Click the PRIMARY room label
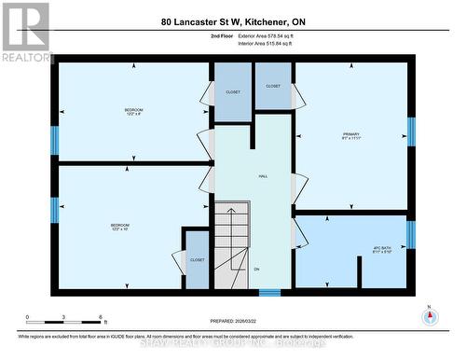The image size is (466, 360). pyautogui.click(x=350, y=136)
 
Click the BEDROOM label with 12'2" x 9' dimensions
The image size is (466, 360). pyautogui.click(x=133, y=112)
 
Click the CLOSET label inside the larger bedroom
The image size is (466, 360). pyautogui.click(x=197, y=260)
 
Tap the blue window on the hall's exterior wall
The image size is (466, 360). pyautogui.click(x=269, y=292)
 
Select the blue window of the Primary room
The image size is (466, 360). pyautogui.click(x=411, y=132)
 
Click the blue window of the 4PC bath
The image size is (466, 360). pyautogui.click(x=411, y=234)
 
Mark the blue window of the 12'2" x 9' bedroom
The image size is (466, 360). pyautogui.click(x=54, y=140)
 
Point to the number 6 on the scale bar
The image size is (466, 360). pyautogui.click(x=100, y=318)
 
